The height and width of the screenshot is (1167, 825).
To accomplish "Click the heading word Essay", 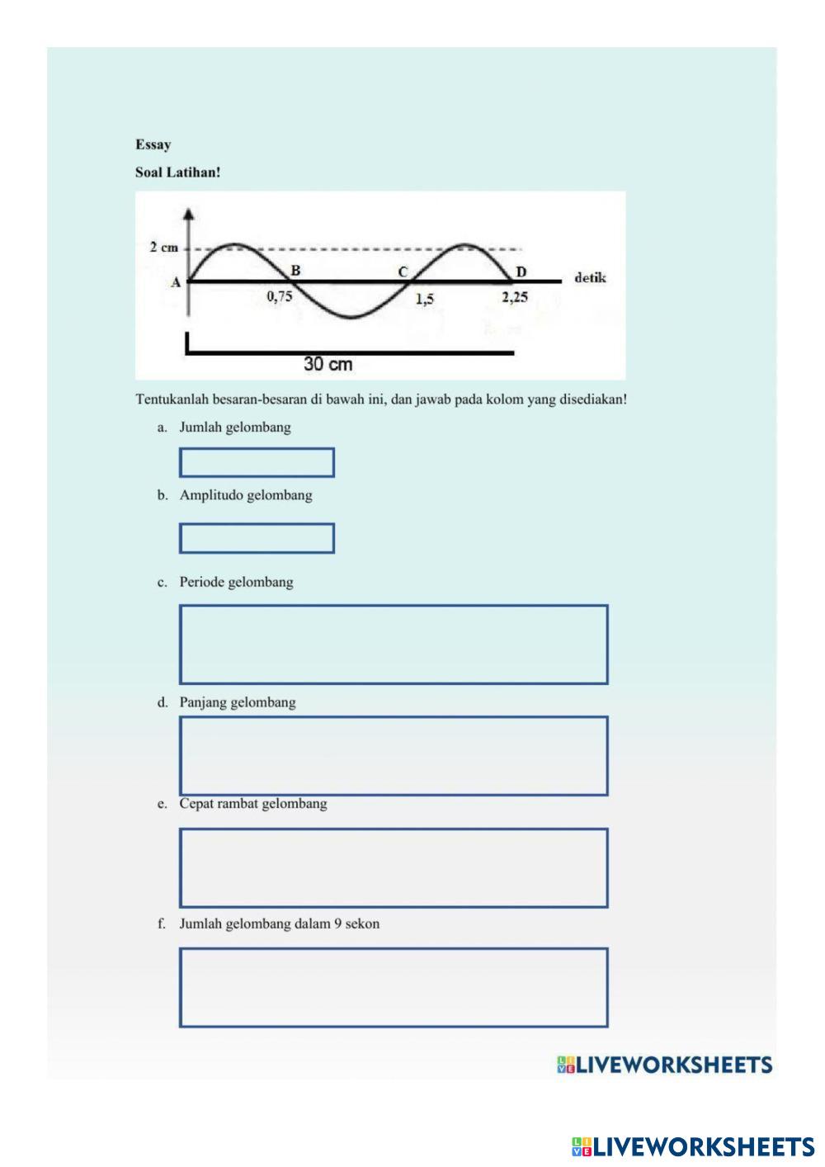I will point(153,144).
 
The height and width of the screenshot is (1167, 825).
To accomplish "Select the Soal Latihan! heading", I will point(177,173).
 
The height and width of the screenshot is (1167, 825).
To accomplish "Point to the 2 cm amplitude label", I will point(163,248).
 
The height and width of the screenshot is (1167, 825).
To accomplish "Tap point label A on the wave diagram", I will point(175,282).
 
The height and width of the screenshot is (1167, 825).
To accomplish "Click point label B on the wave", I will point(295,270).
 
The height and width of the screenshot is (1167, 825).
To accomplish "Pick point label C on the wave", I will point(403,272).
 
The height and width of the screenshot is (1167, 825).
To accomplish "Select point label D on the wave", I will point(521,272).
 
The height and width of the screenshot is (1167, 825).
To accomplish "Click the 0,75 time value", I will point(280,297).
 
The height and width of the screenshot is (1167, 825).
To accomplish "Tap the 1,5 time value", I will point(424,300).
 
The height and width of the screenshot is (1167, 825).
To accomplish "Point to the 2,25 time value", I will point(515,297).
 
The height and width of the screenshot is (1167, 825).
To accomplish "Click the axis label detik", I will point(590,278).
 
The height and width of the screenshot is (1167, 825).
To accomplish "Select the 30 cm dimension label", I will point(328,364).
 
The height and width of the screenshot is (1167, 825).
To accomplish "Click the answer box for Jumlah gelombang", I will point(257,462).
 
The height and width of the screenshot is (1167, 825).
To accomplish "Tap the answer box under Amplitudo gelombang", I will point(257,538).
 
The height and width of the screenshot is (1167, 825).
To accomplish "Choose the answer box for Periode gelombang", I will point(394,645).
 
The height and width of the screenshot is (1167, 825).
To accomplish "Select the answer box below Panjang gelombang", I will point(394,756).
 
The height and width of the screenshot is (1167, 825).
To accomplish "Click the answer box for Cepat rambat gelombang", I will point(394,868).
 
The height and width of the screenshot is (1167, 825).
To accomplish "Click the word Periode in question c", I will point(202,582).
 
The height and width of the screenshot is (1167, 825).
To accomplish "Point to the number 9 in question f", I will point(337,924).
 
